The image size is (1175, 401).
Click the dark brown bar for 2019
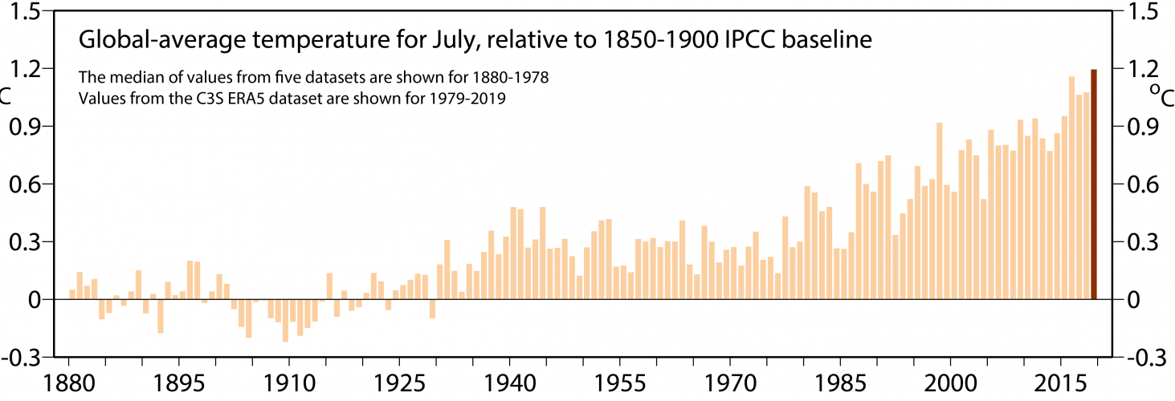click(1094, 184)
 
